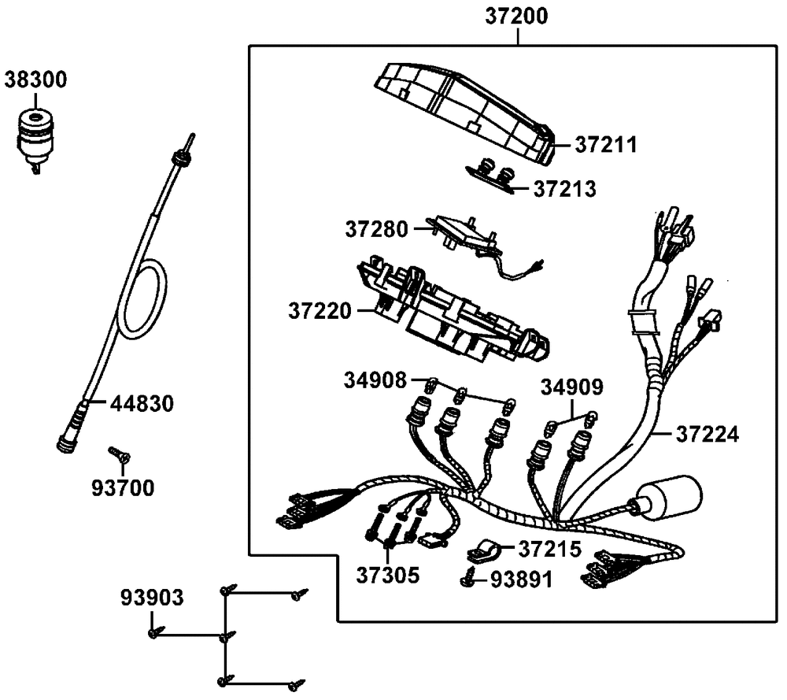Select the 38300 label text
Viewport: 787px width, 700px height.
click(36, 79)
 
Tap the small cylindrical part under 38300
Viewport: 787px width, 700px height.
click(35, 136)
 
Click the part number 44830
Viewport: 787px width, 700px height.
click(141, 404)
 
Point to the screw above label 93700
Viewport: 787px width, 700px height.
click(120, 454)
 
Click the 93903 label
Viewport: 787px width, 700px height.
click(153, 597)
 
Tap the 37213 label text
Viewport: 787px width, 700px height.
click(564, 189)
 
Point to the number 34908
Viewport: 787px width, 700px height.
click(375, 381)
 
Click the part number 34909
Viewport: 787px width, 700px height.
click(571, 387)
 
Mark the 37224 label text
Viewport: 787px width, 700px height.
click(707, 434)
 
